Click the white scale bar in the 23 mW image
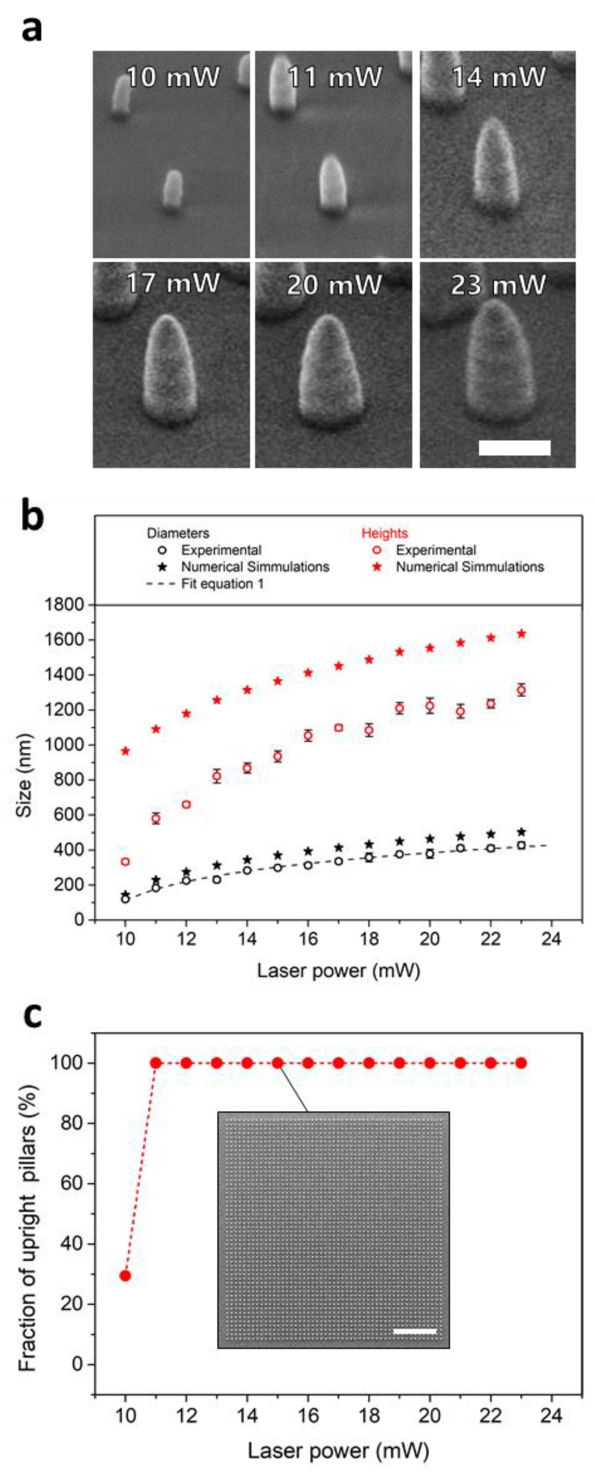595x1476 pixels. (514, 447)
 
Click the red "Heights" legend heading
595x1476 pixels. (384, 533)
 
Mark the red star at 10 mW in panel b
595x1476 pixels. (126, 751)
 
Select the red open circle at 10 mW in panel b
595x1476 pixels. (125, 862)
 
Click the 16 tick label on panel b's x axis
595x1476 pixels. (308, 939)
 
